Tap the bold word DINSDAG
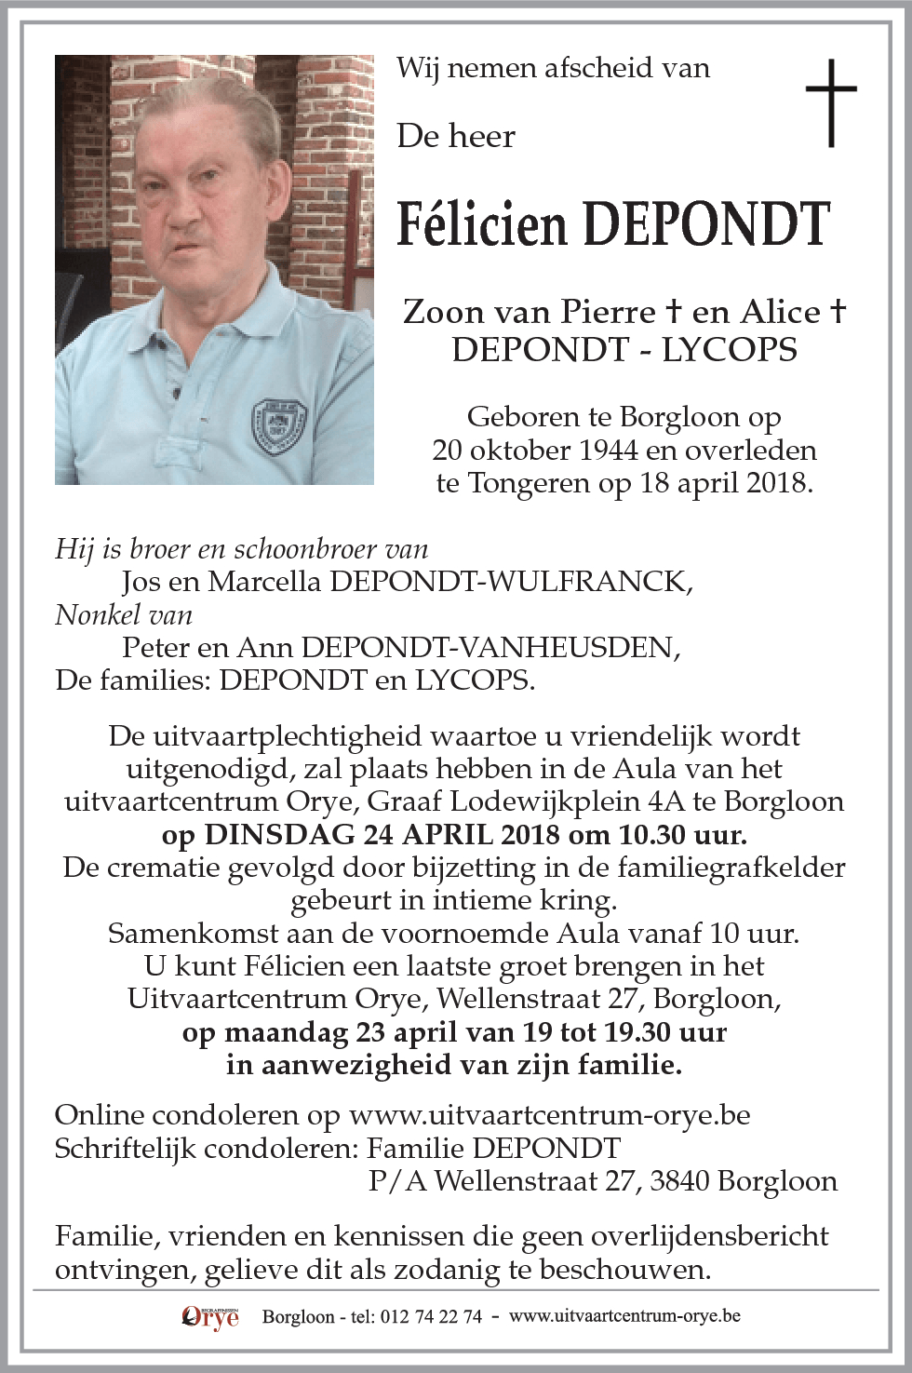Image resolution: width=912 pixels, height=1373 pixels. [280, 834]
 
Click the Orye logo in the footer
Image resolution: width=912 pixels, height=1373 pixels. [210, 1317]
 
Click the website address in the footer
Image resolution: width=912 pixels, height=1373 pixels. [624, 1315]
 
